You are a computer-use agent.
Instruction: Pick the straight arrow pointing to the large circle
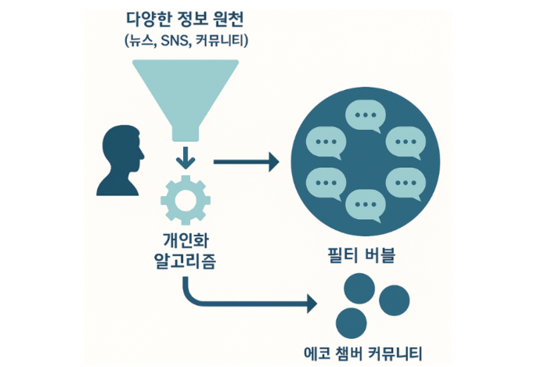246,164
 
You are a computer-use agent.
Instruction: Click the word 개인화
186,240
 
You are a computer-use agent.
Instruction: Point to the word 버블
386,256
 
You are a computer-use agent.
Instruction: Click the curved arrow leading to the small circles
235,300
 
